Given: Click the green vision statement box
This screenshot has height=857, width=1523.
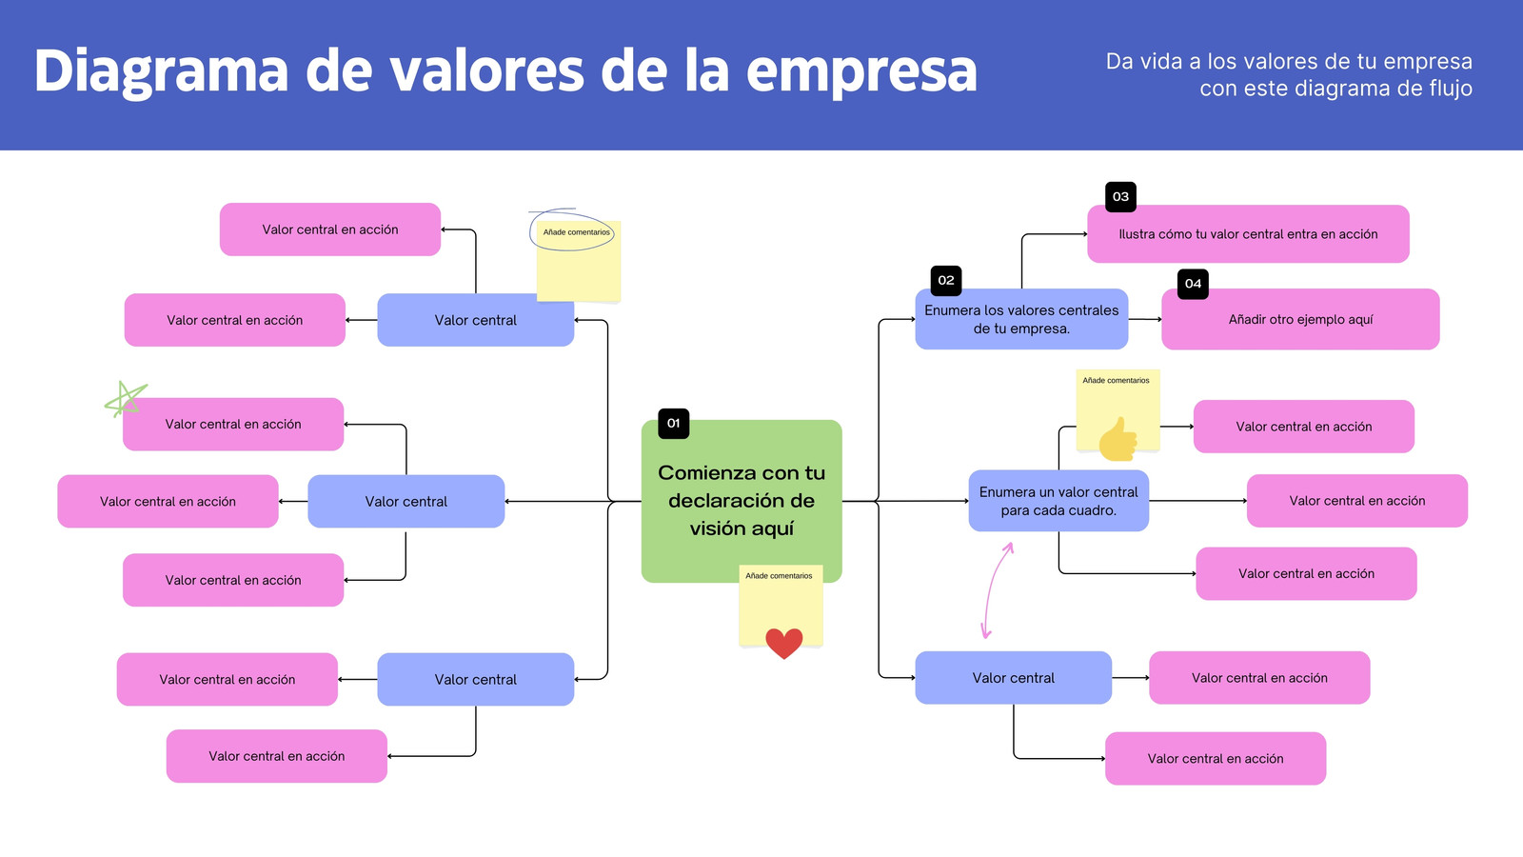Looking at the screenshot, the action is pos(742,501).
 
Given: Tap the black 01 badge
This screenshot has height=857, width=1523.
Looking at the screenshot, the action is pos(673,424).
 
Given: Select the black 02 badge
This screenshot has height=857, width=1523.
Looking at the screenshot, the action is pos(946,280).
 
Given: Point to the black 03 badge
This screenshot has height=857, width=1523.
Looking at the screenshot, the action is pos(1120,197).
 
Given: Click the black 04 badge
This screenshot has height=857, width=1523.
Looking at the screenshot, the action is pos(1194,284).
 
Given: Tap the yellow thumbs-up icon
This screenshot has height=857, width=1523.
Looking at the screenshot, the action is pos(1118,439).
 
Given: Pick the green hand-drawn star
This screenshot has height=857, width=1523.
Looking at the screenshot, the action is pos(125,399).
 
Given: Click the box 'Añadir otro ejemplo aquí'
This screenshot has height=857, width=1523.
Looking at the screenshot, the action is pos(1300,319).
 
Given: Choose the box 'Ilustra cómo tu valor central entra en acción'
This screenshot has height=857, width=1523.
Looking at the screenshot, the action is pos(1248,234).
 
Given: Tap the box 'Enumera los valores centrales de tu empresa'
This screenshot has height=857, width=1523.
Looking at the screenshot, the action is pos(1021,319).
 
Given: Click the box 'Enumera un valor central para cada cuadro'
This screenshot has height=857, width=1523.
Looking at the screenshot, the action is pos(1058,501).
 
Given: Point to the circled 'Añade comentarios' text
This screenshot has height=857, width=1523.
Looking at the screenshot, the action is pos(577,232).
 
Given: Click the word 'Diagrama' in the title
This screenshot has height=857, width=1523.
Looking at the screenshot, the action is pos(161,71).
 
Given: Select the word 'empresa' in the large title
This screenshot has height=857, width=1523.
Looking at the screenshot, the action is pos(861,71).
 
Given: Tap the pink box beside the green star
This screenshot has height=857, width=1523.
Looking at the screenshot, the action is pos(233,425).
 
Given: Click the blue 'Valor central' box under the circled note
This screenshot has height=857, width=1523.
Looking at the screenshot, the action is pos(475,320).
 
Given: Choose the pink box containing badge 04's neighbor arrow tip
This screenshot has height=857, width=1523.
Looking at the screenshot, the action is pos(1300,319).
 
